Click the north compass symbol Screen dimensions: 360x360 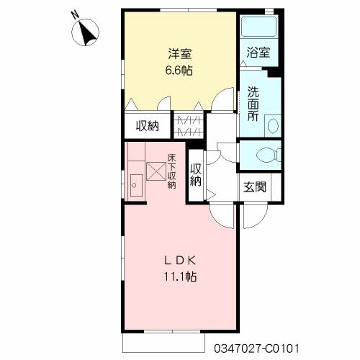[85, 32]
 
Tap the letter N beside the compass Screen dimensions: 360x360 [76, 15]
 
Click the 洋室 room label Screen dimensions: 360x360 [179, 53]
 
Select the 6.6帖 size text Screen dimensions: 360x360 [179, 71]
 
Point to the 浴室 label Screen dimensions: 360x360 [258, 53]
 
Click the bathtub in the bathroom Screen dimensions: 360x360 [259, 27]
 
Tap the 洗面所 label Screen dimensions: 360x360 [253, 104]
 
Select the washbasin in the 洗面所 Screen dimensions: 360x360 [274, 126]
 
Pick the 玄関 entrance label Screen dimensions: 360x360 [255, 187]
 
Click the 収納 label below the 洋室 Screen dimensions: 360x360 [148, 125]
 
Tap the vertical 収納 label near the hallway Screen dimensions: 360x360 [196, 176]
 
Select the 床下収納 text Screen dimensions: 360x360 [171, 171]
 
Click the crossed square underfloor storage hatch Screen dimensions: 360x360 [156, 171]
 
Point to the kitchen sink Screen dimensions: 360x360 [136, 186]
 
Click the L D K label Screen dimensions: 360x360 [180, 261]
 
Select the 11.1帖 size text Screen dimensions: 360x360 [180, 277]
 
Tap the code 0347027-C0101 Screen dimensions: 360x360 [256, 348]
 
